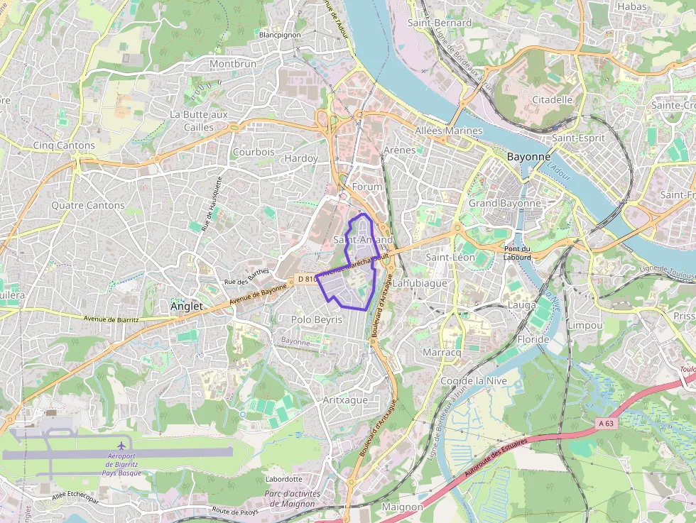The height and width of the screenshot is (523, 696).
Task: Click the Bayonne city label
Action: (x=528, y=156)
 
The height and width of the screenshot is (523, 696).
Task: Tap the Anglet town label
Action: (x=187, y=307)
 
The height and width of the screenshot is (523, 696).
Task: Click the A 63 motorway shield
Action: (x=605, y=423)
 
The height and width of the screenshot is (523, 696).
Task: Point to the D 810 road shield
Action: (x=307, y=279)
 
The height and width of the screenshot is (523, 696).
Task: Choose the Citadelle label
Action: (x=552, y=99)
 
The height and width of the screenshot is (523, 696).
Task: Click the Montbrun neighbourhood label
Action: (x=232, y=64)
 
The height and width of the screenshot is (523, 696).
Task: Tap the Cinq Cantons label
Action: (x=64, y=145)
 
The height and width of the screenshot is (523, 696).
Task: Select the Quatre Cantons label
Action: (x=88, y=205)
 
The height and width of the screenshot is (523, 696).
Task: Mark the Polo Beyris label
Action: (x=317, y=320)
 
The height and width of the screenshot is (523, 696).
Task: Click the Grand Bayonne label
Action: (x=504, y=204)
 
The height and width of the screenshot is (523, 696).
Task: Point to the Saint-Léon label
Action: (x=450, y=257)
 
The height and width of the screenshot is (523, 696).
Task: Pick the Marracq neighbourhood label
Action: (x=442, y=353)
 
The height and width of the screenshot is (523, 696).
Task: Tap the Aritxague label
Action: (x=345, y=400)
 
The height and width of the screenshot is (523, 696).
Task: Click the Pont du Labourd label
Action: (x=517, y=253)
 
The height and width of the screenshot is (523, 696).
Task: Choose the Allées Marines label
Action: (x=448, y=131)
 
